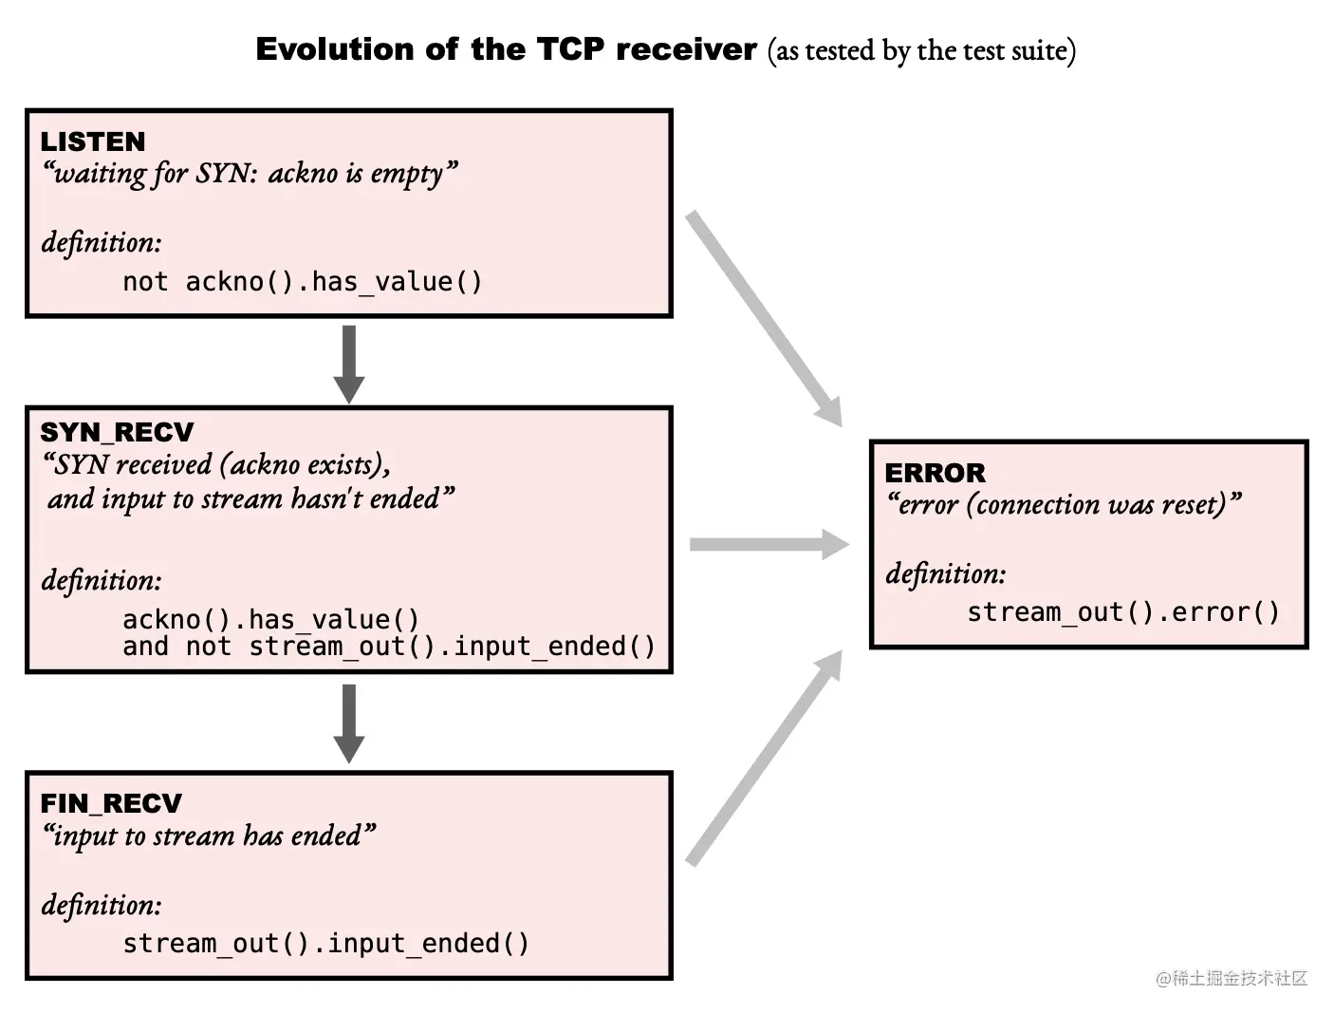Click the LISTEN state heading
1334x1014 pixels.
point(92,141)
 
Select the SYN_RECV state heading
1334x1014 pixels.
point(116,432)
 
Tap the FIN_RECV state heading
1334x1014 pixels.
point(110,803)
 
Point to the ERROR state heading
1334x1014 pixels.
point(935,473)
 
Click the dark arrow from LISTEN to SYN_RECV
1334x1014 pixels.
point(348,363)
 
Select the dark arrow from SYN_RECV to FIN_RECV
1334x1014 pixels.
point(348,723)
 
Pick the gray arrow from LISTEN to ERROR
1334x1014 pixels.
point(763,317)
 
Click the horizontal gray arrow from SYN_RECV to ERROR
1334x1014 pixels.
point(768,544)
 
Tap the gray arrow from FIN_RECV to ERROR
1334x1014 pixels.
point(765,758)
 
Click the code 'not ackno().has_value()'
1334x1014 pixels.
point(302,282)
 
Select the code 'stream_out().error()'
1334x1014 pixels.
point(1122,612)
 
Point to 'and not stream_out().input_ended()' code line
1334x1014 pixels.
point(388,647)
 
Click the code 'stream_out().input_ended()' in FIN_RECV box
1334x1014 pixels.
point(325,944)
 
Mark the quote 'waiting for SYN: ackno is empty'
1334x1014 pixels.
point(250,174)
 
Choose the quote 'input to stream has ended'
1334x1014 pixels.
point(209,836)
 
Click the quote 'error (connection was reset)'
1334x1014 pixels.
point(1063,504)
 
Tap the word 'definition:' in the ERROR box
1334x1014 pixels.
point(945,573)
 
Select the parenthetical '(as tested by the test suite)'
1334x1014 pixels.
point(921,50)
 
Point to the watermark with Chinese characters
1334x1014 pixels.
point(1231,978)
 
